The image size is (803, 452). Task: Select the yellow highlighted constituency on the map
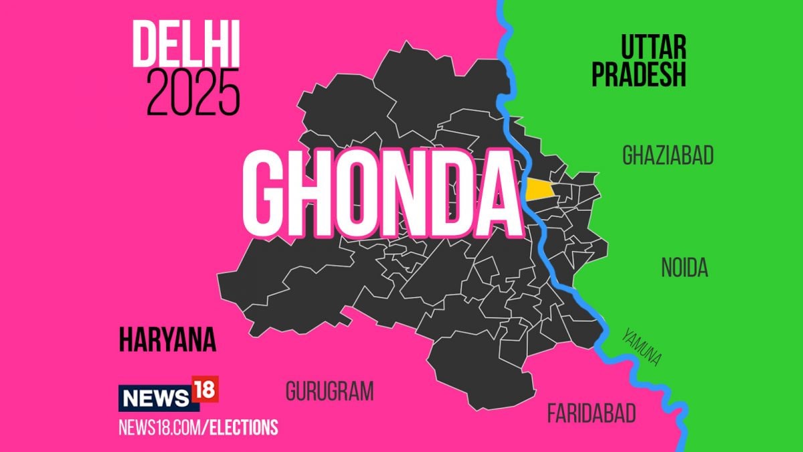point(539,190)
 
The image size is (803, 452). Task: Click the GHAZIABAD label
point(668,156)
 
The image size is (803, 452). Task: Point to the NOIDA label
point(685,269)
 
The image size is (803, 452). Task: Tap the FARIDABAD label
point(592,413)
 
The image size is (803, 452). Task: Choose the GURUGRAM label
point(329,392)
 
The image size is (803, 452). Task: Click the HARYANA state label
point(168,340)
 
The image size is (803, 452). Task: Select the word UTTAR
point(653,48)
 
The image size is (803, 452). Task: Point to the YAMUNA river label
point(642,346)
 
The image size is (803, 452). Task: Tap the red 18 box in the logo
point(204,389)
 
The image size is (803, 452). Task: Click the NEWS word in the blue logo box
point(154,399)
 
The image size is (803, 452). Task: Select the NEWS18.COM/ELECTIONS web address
point(198,427)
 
